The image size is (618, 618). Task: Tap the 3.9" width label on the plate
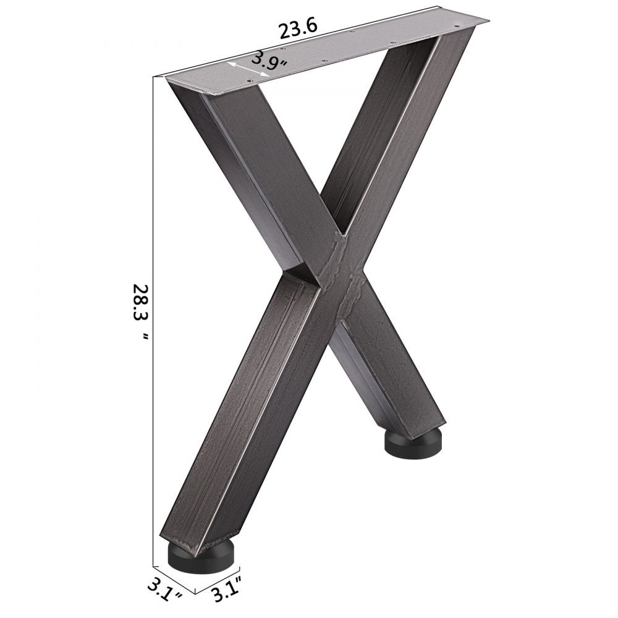pos(268,61)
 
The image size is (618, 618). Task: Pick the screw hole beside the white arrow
pos(249,80)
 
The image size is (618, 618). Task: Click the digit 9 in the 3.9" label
pos(273,60)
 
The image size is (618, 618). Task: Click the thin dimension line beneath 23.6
pos(297,42)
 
